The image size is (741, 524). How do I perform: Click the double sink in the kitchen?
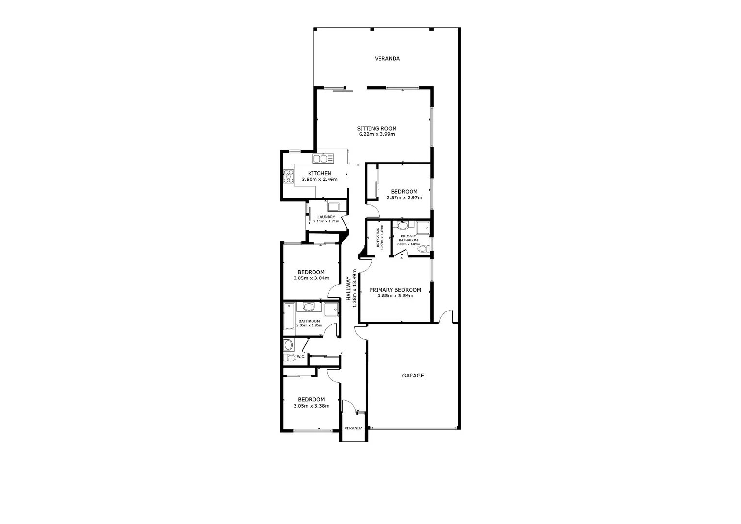(x=323, y=159)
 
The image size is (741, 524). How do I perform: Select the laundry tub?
(x=334, y=205)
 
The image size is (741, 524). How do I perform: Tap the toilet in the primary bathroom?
(x=423, y=249)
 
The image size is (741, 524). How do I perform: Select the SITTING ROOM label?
(x=377, y=129)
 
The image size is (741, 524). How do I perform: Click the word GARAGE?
(x=413, y=376)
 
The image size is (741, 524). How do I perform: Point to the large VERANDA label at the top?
(x=387, y=59)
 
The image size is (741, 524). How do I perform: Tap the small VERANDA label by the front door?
(x=353, y=428)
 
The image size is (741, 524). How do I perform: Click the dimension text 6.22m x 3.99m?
(x=377, y=134)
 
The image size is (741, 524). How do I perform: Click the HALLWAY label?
(x=348, y=287)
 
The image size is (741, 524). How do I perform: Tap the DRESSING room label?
(x=378, y=237)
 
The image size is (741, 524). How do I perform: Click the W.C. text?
(x=301, y=357)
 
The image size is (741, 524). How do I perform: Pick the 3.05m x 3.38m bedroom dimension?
(x=311, y=406)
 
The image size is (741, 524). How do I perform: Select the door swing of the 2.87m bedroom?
(x=373, y=210)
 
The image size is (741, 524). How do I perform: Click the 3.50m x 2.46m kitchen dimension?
(x=319, y=180)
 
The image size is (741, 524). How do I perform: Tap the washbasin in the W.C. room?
(x=288, y=345)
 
